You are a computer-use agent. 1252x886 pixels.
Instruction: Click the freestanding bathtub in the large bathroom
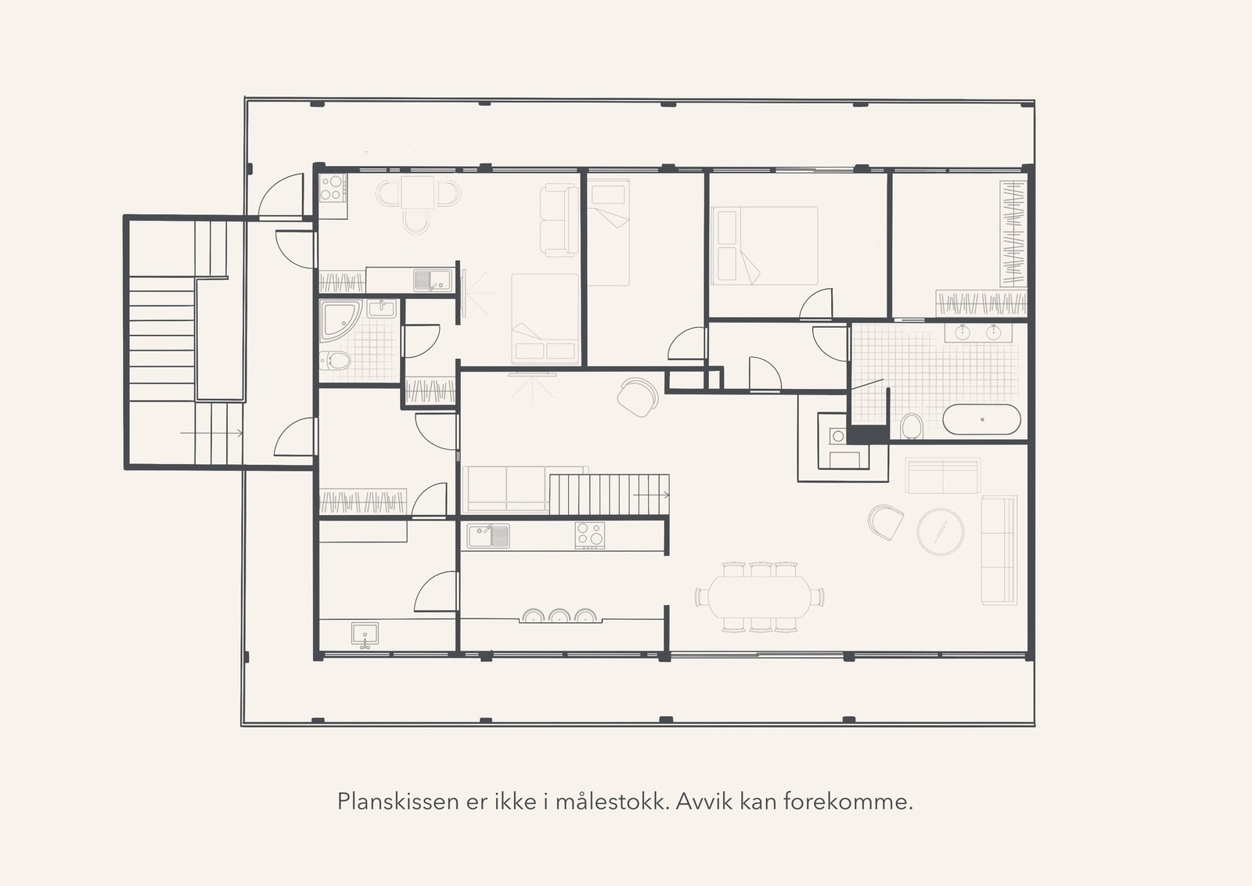tap(981, 420)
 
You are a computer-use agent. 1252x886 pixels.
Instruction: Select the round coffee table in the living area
tap(940, 531)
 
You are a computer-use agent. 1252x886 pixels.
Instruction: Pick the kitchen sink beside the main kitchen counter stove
tap(488, 536)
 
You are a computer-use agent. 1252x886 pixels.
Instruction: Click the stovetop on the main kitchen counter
tap(590, 535)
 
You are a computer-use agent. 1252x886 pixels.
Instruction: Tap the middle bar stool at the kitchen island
tap(559, 616)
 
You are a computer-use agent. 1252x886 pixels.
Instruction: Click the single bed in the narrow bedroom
tap(608, 232)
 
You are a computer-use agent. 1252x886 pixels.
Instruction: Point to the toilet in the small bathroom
tap(337, 362)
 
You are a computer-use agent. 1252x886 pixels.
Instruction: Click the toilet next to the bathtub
tap(911, 427)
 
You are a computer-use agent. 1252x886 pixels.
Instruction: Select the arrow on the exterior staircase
tap(211, 432)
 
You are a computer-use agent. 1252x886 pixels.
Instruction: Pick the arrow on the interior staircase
tap(651, 495)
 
